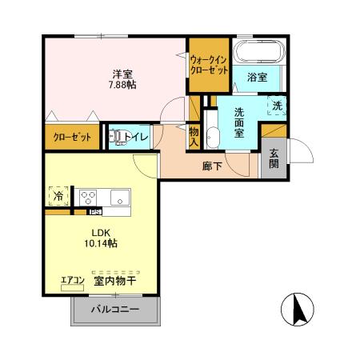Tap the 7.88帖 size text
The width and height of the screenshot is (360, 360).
pos(122,84)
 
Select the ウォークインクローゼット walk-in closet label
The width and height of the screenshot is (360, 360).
pos(209,64)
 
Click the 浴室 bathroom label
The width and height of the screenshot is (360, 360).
pos(256,77)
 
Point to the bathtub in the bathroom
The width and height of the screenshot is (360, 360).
pos(257,54)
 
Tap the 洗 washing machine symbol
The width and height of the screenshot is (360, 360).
pos(277,105)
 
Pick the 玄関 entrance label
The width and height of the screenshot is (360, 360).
pos(274,159)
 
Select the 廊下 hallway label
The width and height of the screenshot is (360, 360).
pos(212,167)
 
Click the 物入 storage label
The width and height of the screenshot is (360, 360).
pos(194,137)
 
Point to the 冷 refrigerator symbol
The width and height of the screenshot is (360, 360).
pos(58,195)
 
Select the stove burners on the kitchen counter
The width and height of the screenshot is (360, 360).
pos(87,196)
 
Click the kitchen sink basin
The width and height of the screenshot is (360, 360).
pos(119,196)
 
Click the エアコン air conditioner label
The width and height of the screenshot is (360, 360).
pos(73,280)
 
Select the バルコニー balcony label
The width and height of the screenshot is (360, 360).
pos(114,309)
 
